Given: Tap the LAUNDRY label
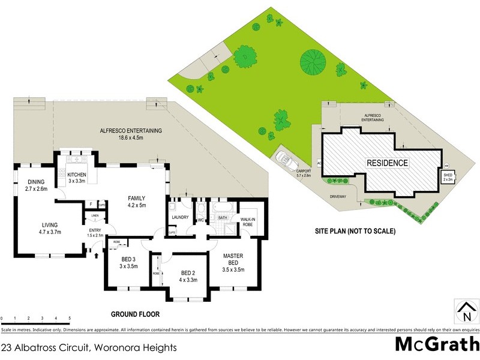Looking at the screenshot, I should [x=180, y=217].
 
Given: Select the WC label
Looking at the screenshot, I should [x=202, y=220].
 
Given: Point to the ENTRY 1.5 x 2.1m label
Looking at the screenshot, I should [x=95, y=233].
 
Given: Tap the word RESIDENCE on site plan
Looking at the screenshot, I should [x=388, y=163].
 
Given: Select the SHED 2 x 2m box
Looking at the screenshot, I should [x=448, y=177].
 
